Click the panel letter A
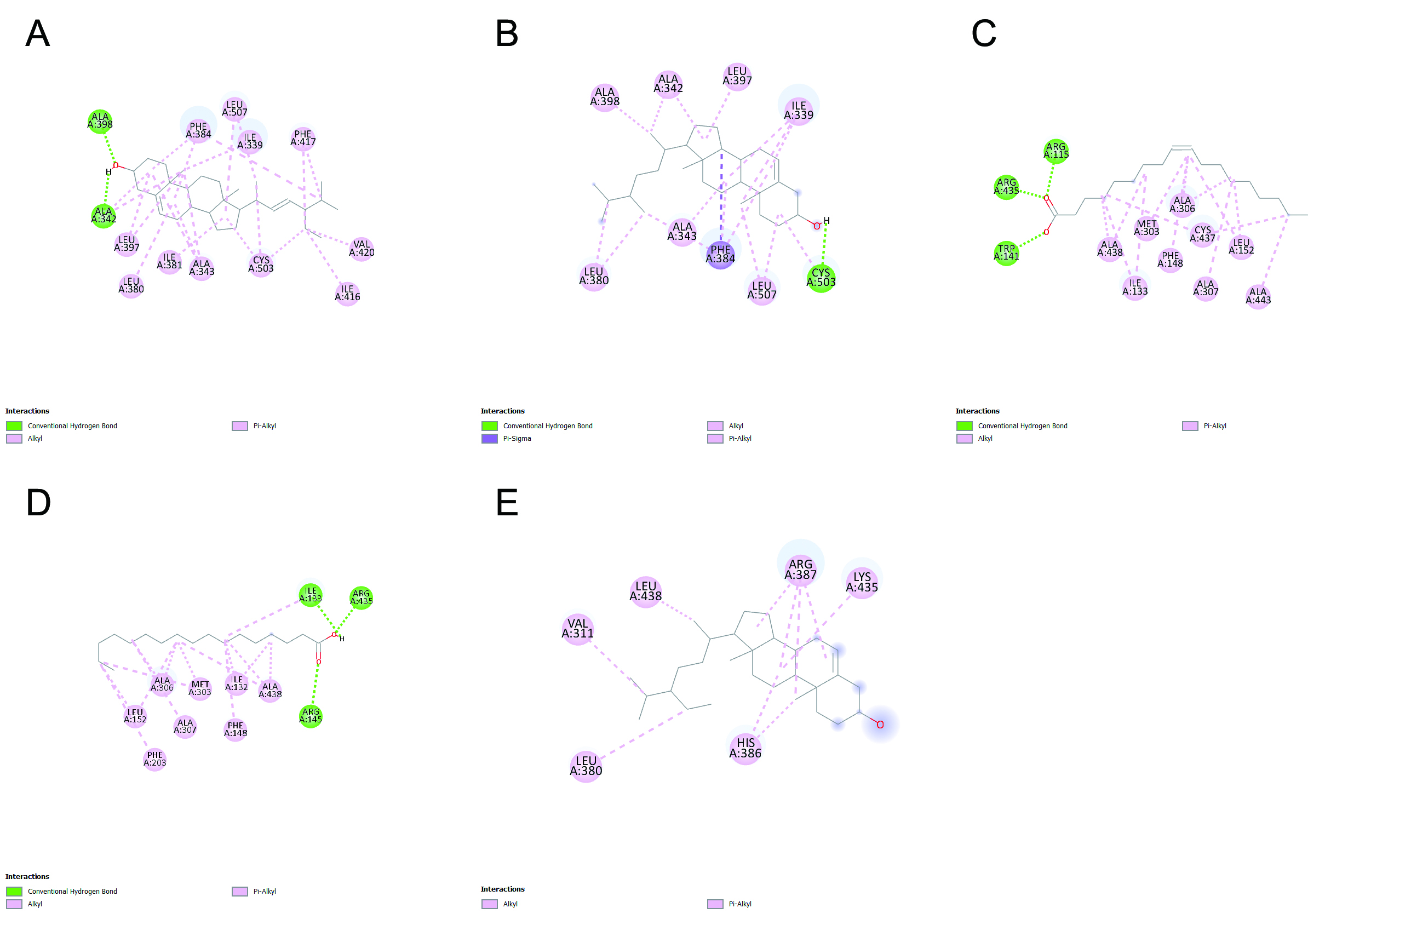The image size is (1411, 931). (x=37, y=33)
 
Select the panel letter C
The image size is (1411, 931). (x=983, y=33)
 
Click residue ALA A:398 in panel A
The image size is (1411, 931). (x=100, y=121)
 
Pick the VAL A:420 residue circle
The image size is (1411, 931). (x=362, y=248)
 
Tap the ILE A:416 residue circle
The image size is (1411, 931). (x=347, y=294)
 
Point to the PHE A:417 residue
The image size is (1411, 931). (x=303, y=139)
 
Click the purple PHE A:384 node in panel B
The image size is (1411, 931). (x=720, y=255)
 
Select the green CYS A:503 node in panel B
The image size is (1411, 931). (x=821, y=278)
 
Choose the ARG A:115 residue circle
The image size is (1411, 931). (x=1056, y=151)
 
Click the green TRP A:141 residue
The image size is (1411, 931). (x=1006, y=253)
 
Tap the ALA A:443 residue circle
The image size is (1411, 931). (x=1258, y=296)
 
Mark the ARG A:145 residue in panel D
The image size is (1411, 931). (x=311, y=715)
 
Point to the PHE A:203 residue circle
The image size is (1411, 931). (x=155, y=759)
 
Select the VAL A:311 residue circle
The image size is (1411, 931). (x=577, y=628)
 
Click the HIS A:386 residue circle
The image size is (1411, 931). (x=745, y=748)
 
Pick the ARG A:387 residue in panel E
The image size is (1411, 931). (x=800, y=570)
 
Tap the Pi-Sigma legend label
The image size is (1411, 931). (x=517, y=439)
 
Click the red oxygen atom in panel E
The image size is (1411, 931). (x=880, y=725)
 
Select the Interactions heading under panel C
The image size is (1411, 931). (x=977, y=411)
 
